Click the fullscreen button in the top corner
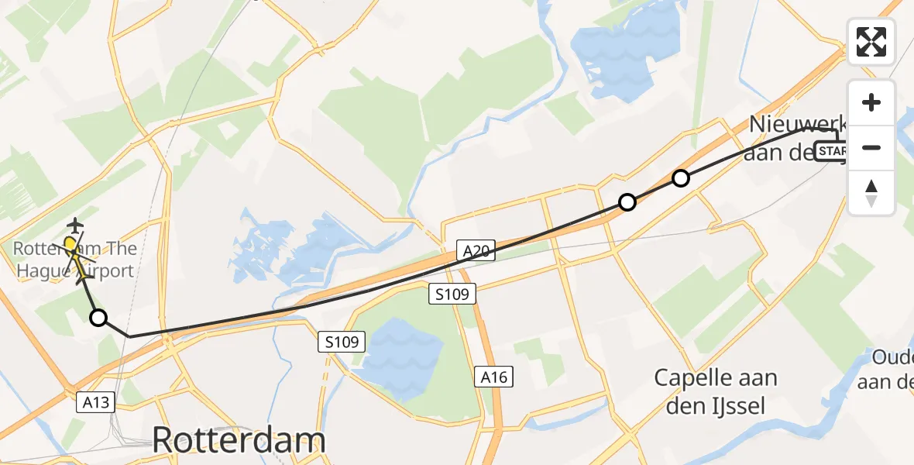[x=871, y=42]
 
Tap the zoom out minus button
[x=871, y=147]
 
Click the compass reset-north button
[x=871, y=192]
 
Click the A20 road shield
[x=479, y=251]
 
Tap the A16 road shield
[x=493, y=377]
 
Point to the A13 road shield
[x=95, y=401]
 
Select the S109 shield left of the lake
[x=342, y=341]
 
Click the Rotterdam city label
[x=239, y=440]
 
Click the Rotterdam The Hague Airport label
[x=74, y=260]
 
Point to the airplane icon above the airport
[x=75, y=226]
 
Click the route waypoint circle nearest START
[x=680, y=178]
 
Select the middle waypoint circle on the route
[x=627, y=202]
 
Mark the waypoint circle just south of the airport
[x=98, y=317]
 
